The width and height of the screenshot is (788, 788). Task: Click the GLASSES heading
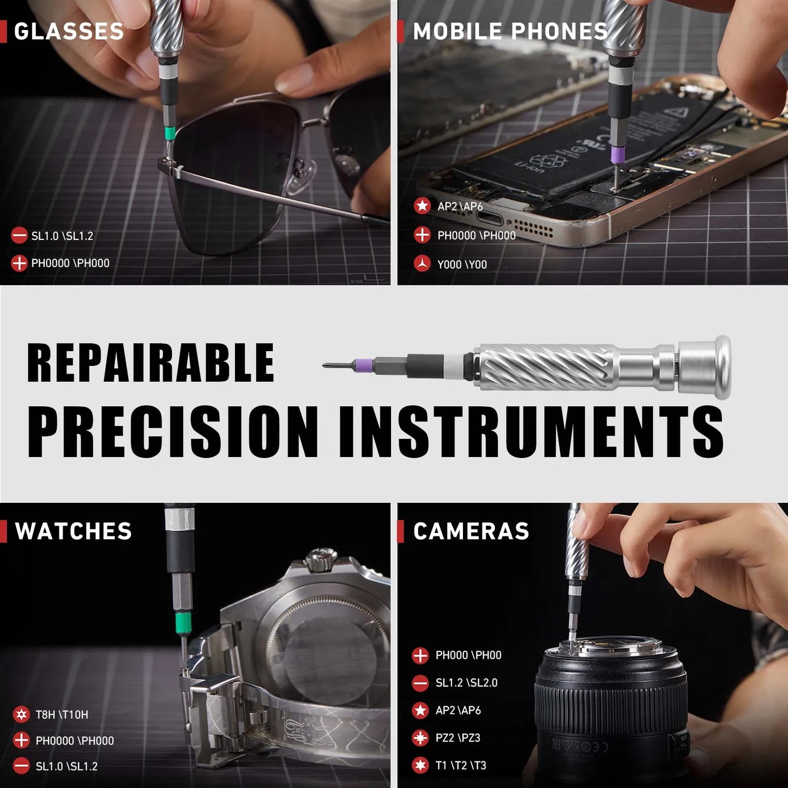tap(69, 32)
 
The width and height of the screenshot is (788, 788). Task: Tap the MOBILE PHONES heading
tap(510, 32)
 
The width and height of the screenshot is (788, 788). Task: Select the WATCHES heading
tap(73, 531)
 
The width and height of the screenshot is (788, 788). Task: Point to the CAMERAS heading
tap(471, 531)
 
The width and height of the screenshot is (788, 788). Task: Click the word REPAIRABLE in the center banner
tap(151, 363)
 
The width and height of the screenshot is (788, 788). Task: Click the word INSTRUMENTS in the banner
tap(531, 432)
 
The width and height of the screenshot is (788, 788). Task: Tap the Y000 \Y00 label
tap(462, 264)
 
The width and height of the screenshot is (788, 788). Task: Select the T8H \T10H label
tap(62, 714)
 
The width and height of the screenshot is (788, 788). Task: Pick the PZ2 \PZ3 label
tap(458, 738)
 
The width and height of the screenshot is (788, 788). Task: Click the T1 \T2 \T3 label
tap(460, 765)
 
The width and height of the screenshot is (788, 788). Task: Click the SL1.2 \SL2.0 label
tap(466, 683)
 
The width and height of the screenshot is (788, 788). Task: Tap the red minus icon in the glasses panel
tap(19, 236)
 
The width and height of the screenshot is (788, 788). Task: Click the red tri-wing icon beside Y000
tap(422, 264)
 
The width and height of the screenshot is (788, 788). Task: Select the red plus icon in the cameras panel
tap(420, 655)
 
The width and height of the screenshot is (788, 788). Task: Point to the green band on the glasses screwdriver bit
tap(170, 133)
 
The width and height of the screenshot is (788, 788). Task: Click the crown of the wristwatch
tap(321, 560)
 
